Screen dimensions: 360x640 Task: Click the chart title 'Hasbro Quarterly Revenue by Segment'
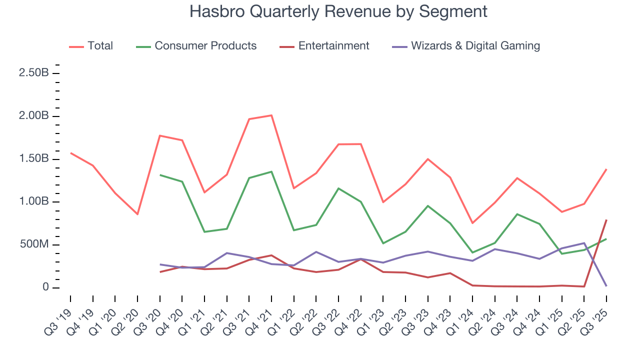tap(338, 11)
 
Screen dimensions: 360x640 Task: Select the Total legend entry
tap(100, 46)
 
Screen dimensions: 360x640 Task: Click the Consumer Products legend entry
tap(205, 46)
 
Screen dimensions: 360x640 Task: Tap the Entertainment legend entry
tap(333, 46)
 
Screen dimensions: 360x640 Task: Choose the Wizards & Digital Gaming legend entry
tap(475, 46)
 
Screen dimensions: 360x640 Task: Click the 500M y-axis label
tap(33, 245)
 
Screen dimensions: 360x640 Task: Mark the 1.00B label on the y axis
tap(33, 202)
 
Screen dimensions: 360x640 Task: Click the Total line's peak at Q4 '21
tap(271, 115)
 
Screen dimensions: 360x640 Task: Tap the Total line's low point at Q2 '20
tap(137, 214)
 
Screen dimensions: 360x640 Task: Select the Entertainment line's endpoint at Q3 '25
tap(606, 220)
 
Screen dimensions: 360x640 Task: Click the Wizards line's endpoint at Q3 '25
tap(606, 286)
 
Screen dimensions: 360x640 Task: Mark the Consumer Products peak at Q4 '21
tap(271, 171)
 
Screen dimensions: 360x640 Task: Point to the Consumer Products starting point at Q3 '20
tap(160, 175)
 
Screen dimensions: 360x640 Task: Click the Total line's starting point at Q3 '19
tap(70, 153)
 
